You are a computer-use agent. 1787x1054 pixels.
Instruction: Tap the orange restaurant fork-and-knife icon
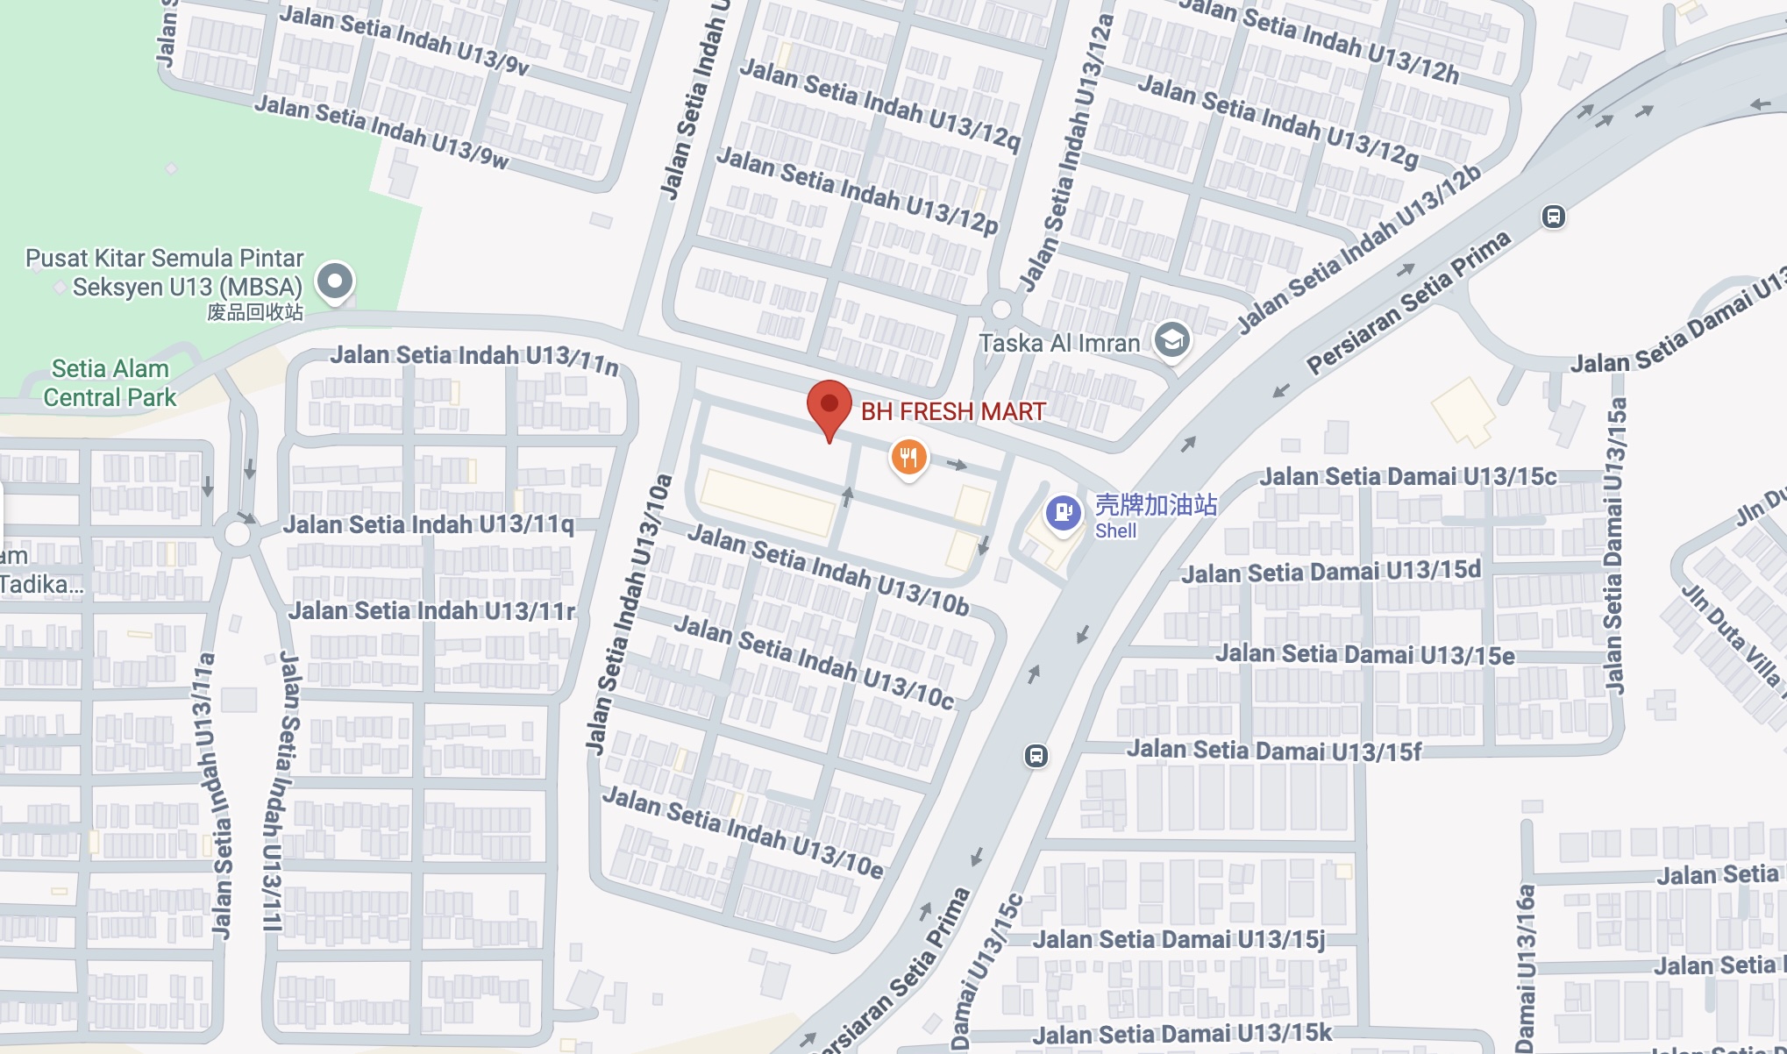tap(909, 458)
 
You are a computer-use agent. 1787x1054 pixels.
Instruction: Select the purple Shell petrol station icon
tap(1063, 512)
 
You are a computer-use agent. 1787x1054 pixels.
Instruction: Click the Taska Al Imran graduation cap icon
tap(1172, 339)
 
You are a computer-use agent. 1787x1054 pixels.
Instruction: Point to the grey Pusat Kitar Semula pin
tap(335, 281)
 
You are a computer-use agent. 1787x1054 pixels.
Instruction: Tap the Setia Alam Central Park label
tap(110, 383)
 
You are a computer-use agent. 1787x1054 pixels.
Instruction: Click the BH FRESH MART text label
tap(953, 411)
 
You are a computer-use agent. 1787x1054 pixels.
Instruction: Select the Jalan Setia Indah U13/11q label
tap(428, 525)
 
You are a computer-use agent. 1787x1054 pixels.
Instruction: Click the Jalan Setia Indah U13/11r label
tap(431, 610)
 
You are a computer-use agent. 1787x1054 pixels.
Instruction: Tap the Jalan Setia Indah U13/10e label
tap(743, 832)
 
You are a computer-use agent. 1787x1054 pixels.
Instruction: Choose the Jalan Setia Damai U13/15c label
tap(1407, 477)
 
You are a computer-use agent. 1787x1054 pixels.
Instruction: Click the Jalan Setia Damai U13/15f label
tap(1273, 751)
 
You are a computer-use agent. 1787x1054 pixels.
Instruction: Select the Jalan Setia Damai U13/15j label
tap(1178, 940)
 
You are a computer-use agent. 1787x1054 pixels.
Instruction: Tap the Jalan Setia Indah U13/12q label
tap(879, 103)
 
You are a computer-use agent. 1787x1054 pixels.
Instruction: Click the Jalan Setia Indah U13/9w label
tap(381, 132)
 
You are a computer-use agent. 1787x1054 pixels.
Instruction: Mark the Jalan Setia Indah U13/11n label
tap(474, 357)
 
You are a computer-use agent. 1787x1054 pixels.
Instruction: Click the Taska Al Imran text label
tap(1059, 343)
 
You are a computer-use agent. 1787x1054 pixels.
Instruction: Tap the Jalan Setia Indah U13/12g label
tap(1278, 121)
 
